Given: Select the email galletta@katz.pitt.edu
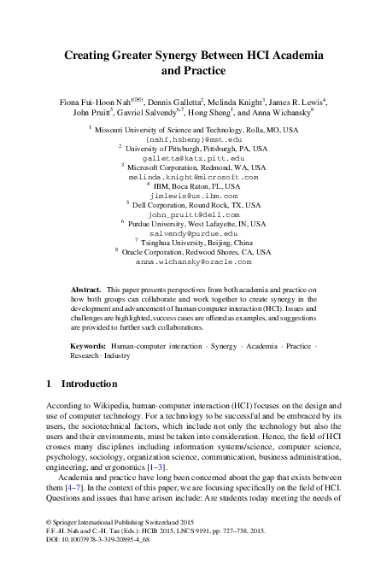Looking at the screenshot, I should pyautogui.click(x=186, y=159).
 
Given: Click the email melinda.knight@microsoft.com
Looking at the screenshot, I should pyautogui.click(x=186, y=177).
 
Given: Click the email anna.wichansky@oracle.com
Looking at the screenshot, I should pyautogui.click(x=186, y=261).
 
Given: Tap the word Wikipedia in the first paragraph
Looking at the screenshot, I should pyautogui.click(x=97, y=412).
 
